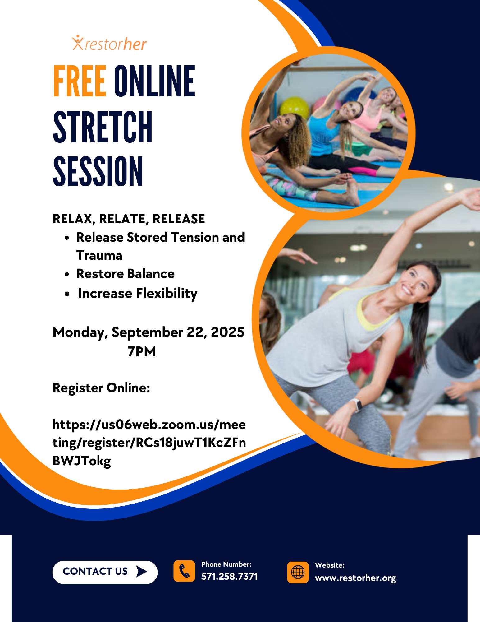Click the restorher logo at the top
pyautogui.click(x=109, y=43)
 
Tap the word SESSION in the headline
pyautogui.click(x=98, y=171)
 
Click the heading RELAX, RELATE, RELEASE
pyautogui.click(x=129, y=219)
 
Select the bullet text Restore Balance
pyautogui.click(x=126, y=274)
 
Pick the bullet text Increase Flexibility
pyautogui.click(x=137, y=293)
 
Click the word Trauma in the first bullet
pyautogui.click(x=99, y=255)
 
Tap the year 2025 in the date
pyautogui.click(x=228, y=332)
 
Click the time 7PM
pyautogui.click(x=142, y=351)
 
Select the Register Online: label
pyautogui.click(x=102, y=388)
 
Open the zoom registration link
pyautogui.click(x=149, y=443)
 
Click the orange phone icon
pyautogui.click(x=184, y=571)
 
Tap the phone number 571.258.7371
pyautogui.click(x=230, y=577)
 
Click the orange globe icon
pyautogui.click(x=298, y=572)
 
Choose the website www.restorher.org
pyautogui.click(x=355, y=578)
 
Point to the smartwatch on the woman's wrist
pyautogui.click(x=357, y=405)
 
